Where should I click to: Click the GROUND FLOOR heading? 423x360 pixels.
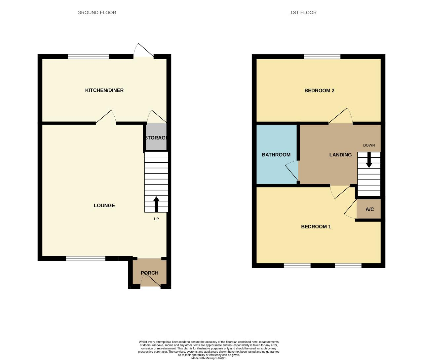pos(96,13)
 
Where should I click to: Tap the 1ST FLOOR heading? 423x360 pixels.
pos(303,13)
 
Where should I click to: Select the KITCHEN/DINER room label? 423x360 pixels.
pos(104,90)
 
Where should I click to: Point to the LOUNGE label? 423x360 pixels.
pos(104,206)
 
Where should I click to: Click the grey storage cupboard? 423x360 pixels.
pos(156,137)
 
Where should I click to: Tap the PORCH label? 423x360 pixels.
pos(149,273)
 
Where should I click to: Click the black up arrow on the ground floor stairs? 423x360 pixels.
pos(156,204)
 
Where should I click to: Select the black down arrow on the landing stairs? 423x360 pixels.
pos(369,160)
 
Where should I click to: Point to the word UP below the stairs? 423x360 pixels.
pos(156,219)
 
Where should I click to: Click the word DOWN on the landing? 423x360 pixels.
pos(369,145)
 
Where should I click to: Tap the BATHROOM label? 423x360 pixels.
pos(276,155)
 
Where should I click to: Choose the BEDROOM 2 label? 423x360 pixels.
pos(319,91)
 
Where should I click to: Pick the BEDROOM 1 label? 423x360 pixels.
pos(316,226)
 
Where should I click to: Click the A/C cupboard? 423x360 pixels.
pos(368,209)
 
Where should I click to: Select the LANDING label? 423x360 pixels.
pos(340,155)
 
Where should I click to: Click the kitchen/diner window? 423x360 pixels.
pos(89,57)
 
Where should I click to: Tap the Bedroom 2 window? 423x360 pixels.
pos(322,57)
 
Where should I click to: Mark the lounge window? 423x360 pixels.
pos(86,259)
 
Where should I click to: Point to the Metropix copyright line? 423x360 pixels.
pos(209,358)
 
